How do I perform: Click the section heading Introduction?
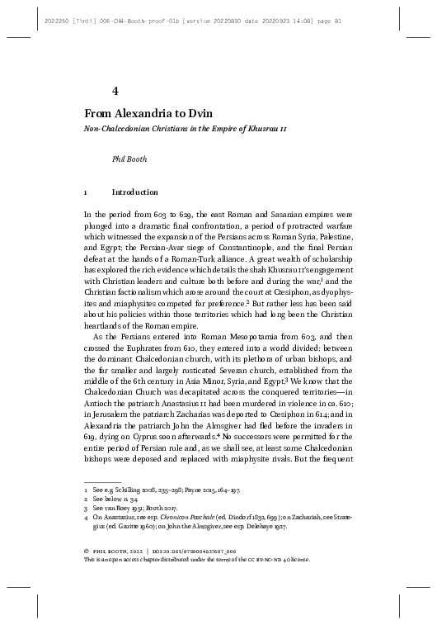click(x=134, y=192)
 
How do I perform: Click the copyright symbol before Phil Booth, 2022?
click(x=87, y=549)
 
